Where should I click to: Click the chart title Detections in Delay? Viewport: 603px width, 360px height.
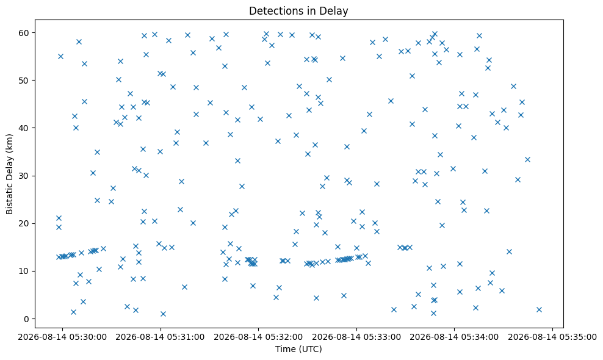[x=298, y=11]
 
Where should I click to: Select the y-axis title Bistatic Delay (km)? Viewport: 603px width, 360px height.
[x=9, y=174]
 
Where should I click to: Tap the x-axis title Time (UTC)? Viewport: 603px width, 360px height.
[x=298, y=349]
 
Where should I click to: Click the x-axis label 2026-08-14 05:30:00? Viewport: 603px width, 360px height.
[x=63, y=337]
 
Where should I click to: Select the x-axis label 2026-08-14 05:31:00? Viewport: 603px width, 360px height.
[x=161, y=337]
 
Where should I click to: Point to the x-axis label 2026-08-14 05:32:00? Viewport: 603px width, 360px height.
[x=258, y=337]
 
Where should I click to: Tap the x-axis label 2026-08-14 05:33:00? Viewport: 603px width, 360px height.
[x=356, y=337]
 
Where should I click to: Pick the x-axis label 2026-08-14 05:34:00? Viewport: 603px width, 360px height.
[x=454, y=337]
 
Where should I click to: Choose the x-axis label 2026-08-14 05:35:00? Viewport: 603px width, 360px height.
[x=552, y=337]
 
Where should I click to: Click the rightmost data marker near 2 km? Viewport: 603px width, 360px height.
[x=539, y=309]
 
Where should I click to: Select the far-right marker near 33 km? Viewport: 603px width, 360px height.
[x=527, y=160]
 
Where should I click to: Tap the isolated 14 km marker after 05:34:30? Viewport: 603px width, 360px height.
[x=509, y=251]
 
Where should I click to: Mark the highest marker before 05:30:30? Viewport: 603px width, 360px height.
[x=79, y=41]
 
